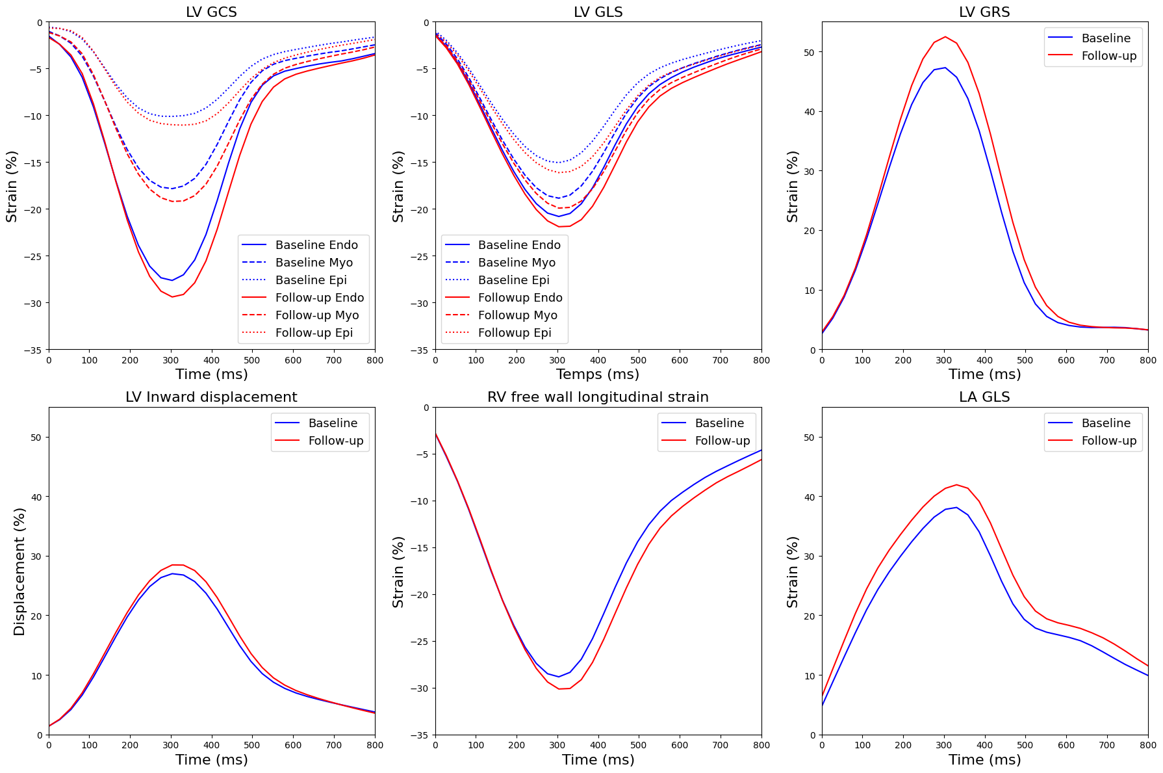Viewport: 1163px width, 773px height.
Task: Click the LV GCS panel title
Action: click(x=211, y=12)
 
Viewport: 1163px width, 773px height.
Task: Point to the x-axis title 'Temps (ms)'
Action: click(x=598, y=374)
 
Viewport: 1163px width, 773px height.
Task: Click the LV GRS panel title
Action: click(x=984, y=12)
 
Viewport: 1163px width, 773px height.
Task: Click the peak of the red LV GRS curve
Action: click(x=945, y=36)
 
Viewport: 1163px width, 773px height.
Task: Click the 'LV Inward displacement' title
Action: click(x=211, y=397)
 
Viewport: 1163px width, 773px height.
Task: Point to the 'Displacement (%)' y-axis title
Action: click(x=19, y=571)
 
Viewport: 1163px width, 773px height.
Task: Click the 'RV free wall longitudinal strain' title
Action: click(x=598, y=397)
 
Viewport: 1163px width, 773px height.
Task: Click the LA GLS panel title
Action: click(x=984, y=397)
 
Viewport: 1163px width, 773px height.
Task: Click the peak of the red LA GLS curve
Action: click(x=956, y=484)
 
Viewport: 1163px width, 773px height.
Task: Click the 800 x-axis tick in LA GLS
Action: click(x=1147, y=745)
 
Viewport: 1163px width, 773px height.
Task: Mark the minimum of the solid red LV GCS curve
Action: click(x=172, y=296)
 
